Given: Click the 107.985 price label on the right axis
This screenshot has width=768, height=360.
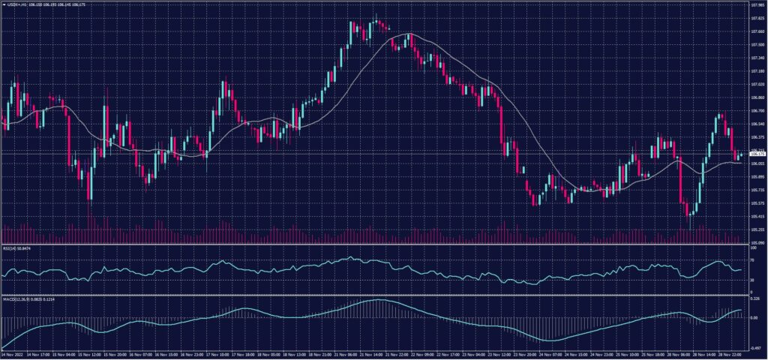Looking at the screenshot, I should tap(756, 4).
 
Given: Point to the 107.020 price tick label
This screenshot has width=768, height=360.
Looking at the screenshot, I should tap(756, 85).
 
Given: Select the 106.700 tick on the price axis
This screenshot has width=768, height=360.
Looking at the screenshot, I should tap(756, 111).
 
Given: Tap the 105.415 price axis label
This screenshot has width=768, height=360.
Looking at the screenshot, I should tap(756, 216).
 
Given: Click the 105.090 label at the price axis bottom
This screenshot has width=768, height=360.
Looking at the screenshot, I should tap(756, 243).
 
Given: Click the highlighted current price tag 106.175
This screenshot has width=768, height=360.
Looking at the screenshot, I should tap(756, 154).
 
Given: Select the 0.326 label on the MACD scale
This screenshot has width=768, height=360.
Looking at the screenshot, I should tap(754, 299).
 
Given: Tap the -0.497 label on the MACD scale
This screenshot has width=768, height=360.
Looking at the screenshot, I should tap(754, 348).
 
